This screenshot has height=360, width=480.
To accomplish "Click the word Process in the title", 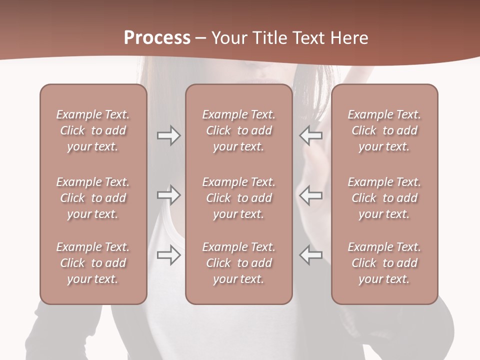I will click(x=157, y=38).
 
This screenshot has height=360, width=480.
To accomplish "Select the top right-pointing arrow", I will click(x=168, y=135).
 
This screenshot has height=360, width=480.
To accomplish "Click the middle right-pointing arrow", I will click(x=168, y=195).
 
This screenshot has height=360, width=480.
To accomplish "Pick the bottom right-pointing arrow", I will click(x=168, y=255).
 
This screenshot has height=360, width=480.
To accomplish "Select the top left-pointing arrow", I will click(x=311, y=135).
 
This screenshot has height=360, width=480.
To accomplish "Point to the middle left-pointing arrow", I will click(x=311, y=195).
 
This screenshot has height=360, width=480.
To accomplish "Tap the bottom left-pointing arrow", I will click(x=311, y=255).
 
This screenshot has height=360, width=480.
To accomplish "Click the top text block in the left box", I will click(x=93, y=130).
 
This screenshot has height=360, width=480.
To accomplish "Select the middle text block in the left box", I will click(x=93, y=198).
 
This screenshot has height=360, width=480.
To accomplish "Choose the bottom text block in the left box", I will click(x=93, y=263).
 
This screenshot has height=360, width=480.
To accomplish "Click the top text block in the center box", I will click(x=239, y=130).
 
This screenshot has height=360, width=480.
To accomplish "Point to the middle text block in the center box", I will click(x=239, y=198).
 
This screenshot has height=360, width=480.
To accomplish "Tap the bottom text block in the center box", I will click(x=239, y=263).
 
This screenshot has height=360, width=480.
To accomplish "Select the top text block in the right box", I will click(x=384, y=130).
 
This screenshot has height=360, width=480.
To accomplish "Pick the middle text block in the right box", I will click(x=384, y=198).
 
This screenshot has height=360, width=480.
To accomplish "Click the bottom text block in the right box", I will click(x=384, y=263).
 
